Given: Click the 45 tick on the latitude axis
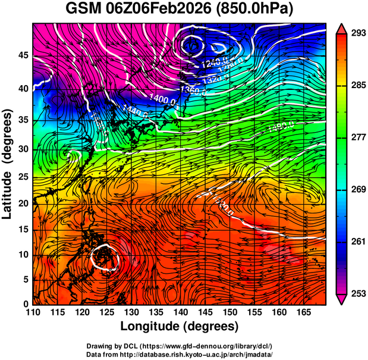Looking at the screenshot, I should pos(21,56).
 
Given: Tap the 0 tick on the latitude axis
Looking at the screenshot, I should pos(24,304).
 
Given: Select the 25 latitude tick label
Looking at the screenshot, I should pos(21,177).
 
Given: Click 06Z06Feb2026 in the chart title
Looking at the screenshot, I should pos(159,10).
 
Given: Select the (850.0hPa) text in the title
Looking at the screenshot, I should pos(257,10).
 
